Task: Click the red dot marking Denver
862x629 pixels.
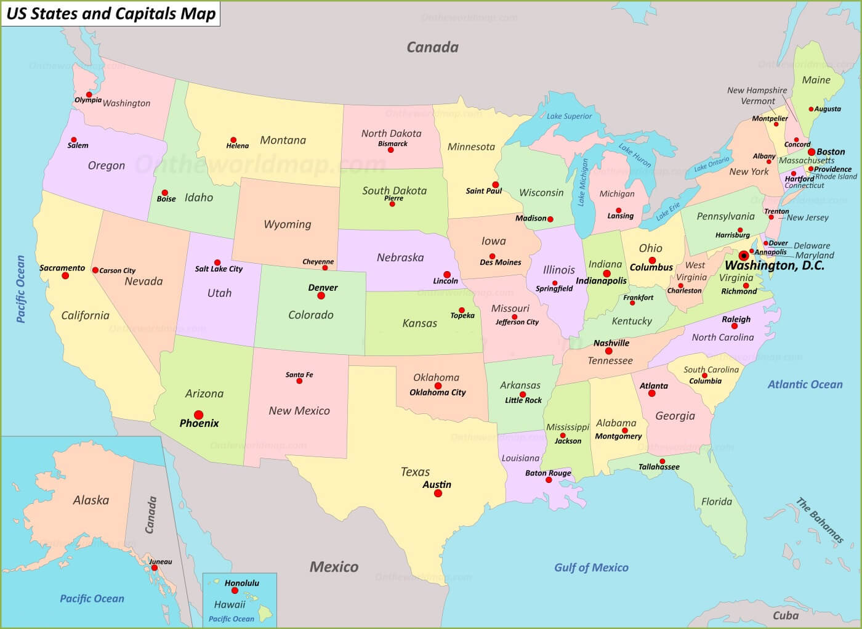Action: coord(321,296)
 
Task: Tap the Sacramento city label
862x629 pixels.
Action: coord(62,268)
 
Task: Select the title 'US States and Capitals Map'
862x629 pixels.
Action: coord(111,14)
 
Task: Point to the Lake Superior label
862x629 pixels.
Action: coord(569,116)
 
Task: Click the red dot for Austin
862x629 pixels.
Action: coord(438,493)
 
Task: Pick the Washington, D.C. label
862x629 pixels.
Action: coord(774,266)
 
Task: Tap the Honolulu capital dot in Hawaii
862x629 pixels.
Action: coord(235,591)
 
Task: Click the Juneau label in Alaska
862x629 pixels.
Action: coord(161,562)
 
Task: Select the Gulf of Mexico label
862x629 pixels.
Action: coord(591,567)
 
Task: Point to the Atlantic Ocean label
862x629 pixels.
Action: coord(805,384)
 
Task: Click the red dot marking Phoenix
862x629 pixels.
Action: coord(198,415)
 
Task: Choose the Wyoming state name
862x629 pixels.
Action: coord(288,224)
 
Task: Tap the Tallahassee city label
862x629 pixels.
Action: coord(659,467)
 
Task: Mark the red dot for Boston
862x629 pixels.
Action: coord(812,152)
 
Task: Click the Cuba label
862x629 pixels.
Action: coord(786,615)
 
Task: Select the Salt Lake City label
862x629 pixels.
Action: coord(219,269)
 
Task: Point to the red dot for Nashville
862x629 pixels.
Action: coord(608,351)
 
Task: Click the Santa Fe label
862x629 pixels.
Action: coord(299,375)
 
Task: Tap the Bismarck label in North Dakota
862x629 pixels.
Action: coord(393,144)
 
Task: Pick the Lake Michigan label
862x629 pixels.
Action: coord(582,182)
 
